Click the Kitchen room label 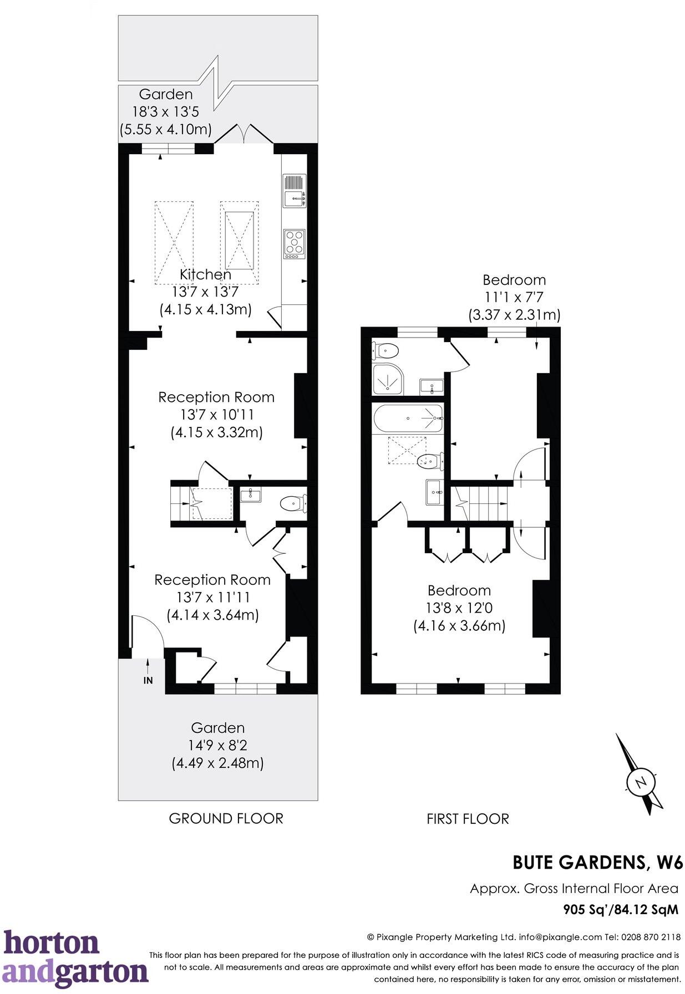(x=205, y=274)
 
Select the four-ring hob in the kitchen (x=294, y=243)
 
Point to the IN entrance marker (x=148, y=680)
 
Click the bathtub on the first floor (x=408, y=418)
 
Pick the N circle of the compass (x=641, y=782)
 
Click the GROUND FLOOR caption (x=226, y=818)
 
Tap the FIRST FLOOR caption (x=468, y=819)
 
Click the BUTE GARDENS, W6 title (x=597, y=862)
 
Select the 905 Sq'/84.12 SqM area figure (x=621, y=909)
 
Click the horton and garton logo (x=75, y=959)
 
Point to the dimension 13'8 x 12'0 (x=459, y=608)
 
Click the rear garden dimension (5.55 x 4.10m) (x=166, y=130)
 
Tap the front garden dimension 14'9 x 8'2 (x=218, y=745)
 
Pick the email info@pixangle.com (x=560, y=937)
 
